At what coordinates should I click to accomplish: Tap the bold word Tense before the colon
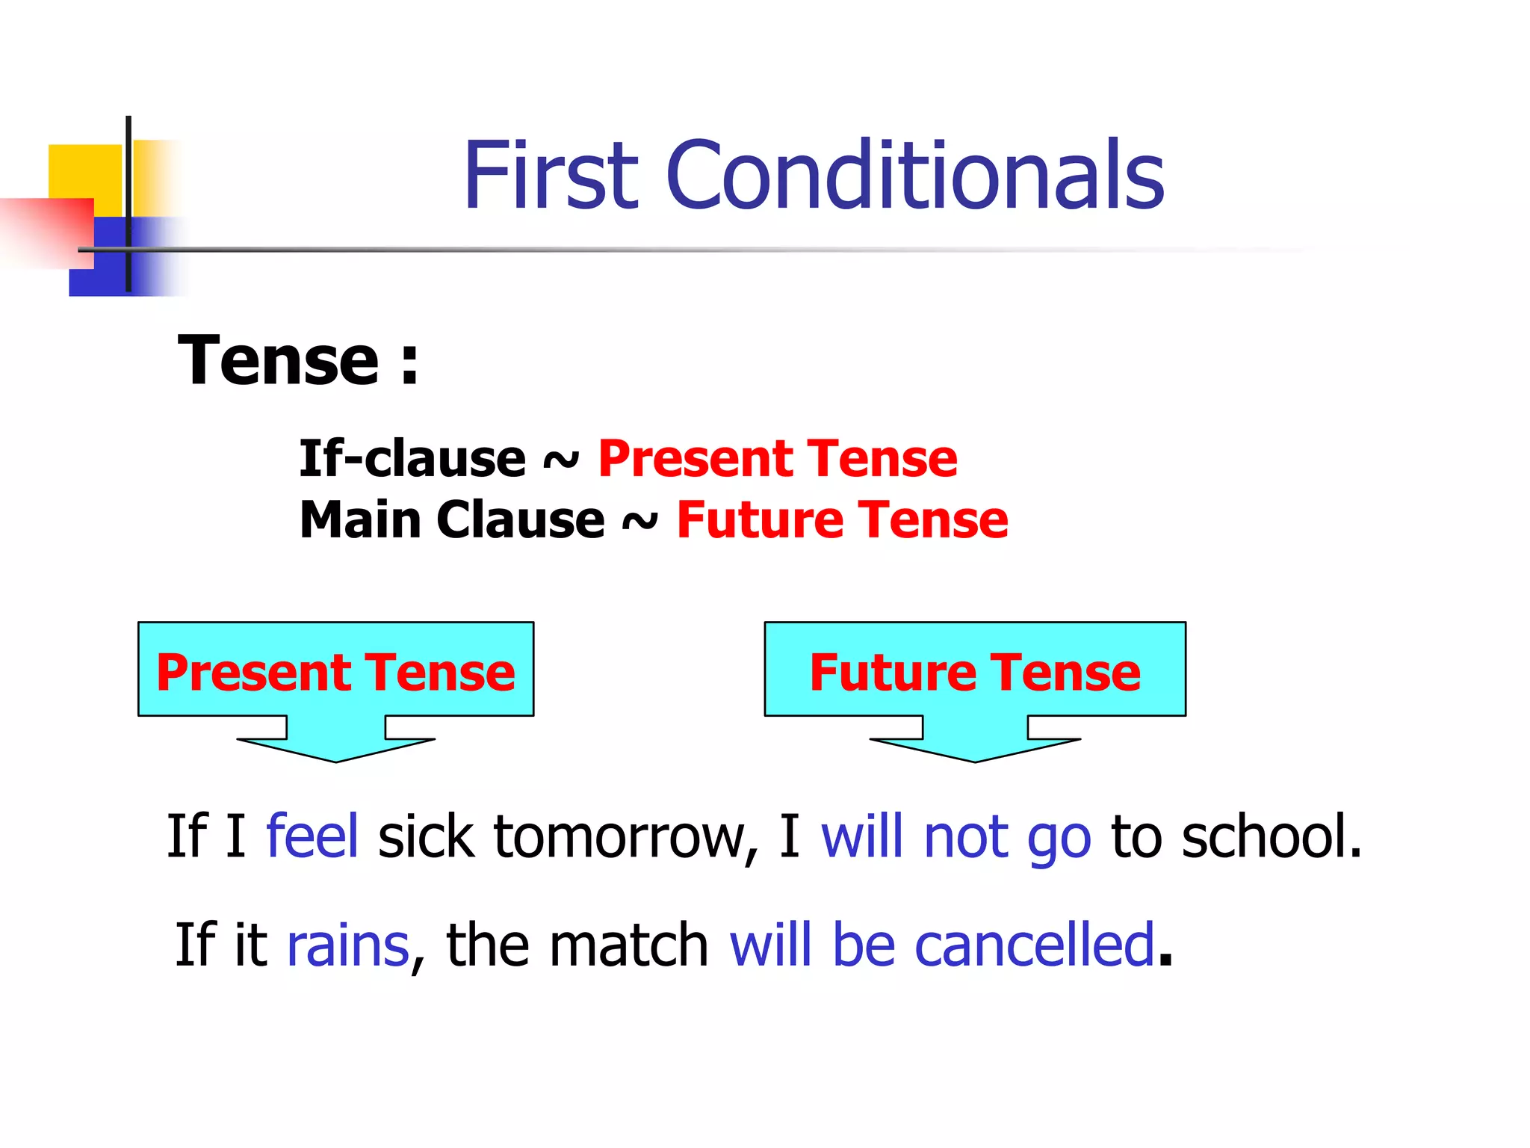[x=279, y=361]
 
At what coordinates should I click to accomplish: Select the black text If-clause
[x=412, y=458]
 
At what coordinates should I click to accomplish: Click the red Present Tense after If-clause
[x=777, y=458]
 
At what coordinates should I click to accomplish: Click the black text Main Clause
[x=452, y=519]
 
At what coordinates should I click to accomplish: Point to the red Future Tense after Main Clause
[x=842, y=519]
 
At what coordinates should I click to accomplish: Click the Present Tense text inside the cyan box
[x=335, y=672]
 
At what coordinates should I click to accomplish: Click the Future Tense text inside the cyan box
[x=975, y=672]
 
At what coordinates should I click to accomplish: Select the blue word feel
[x=312, y=836]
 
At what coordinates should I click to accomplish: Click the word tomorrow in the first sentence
[x=619, y=836]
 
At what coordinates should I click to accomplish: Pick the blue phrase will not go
[x=956, y=837]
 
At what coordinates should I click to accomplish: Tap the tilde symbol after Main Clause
[x=640, y=522]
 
